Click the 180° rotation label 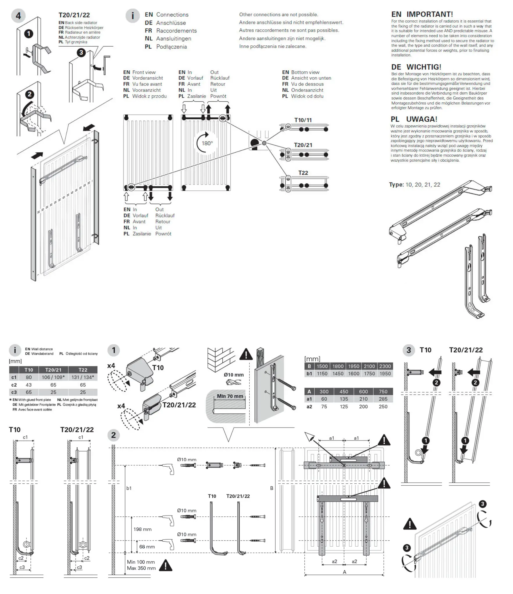click(207, 143)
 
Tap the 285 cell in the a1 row click(383, 399)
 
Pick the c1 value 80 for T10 click(29, 377)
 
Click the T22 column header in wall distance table click(83, 370)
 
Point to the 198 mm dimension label click(142, 529)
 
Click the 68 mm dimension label click(147, 547)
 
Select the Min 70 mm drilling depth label click(230, 396)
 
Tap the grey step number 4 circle click(18, 16)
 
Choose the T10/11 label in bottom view click(303, 120)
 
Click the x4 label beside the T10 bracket click(111, 365)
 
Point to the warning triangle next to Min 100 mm click(166, 565)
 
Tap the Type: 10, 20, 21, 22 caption click(414, 185)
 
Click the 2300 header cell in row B click(385, 366)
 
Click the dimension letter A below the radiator click(345, 572)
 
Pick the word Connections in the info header click(172, 15)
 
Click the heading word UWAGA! click(422, 119)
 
